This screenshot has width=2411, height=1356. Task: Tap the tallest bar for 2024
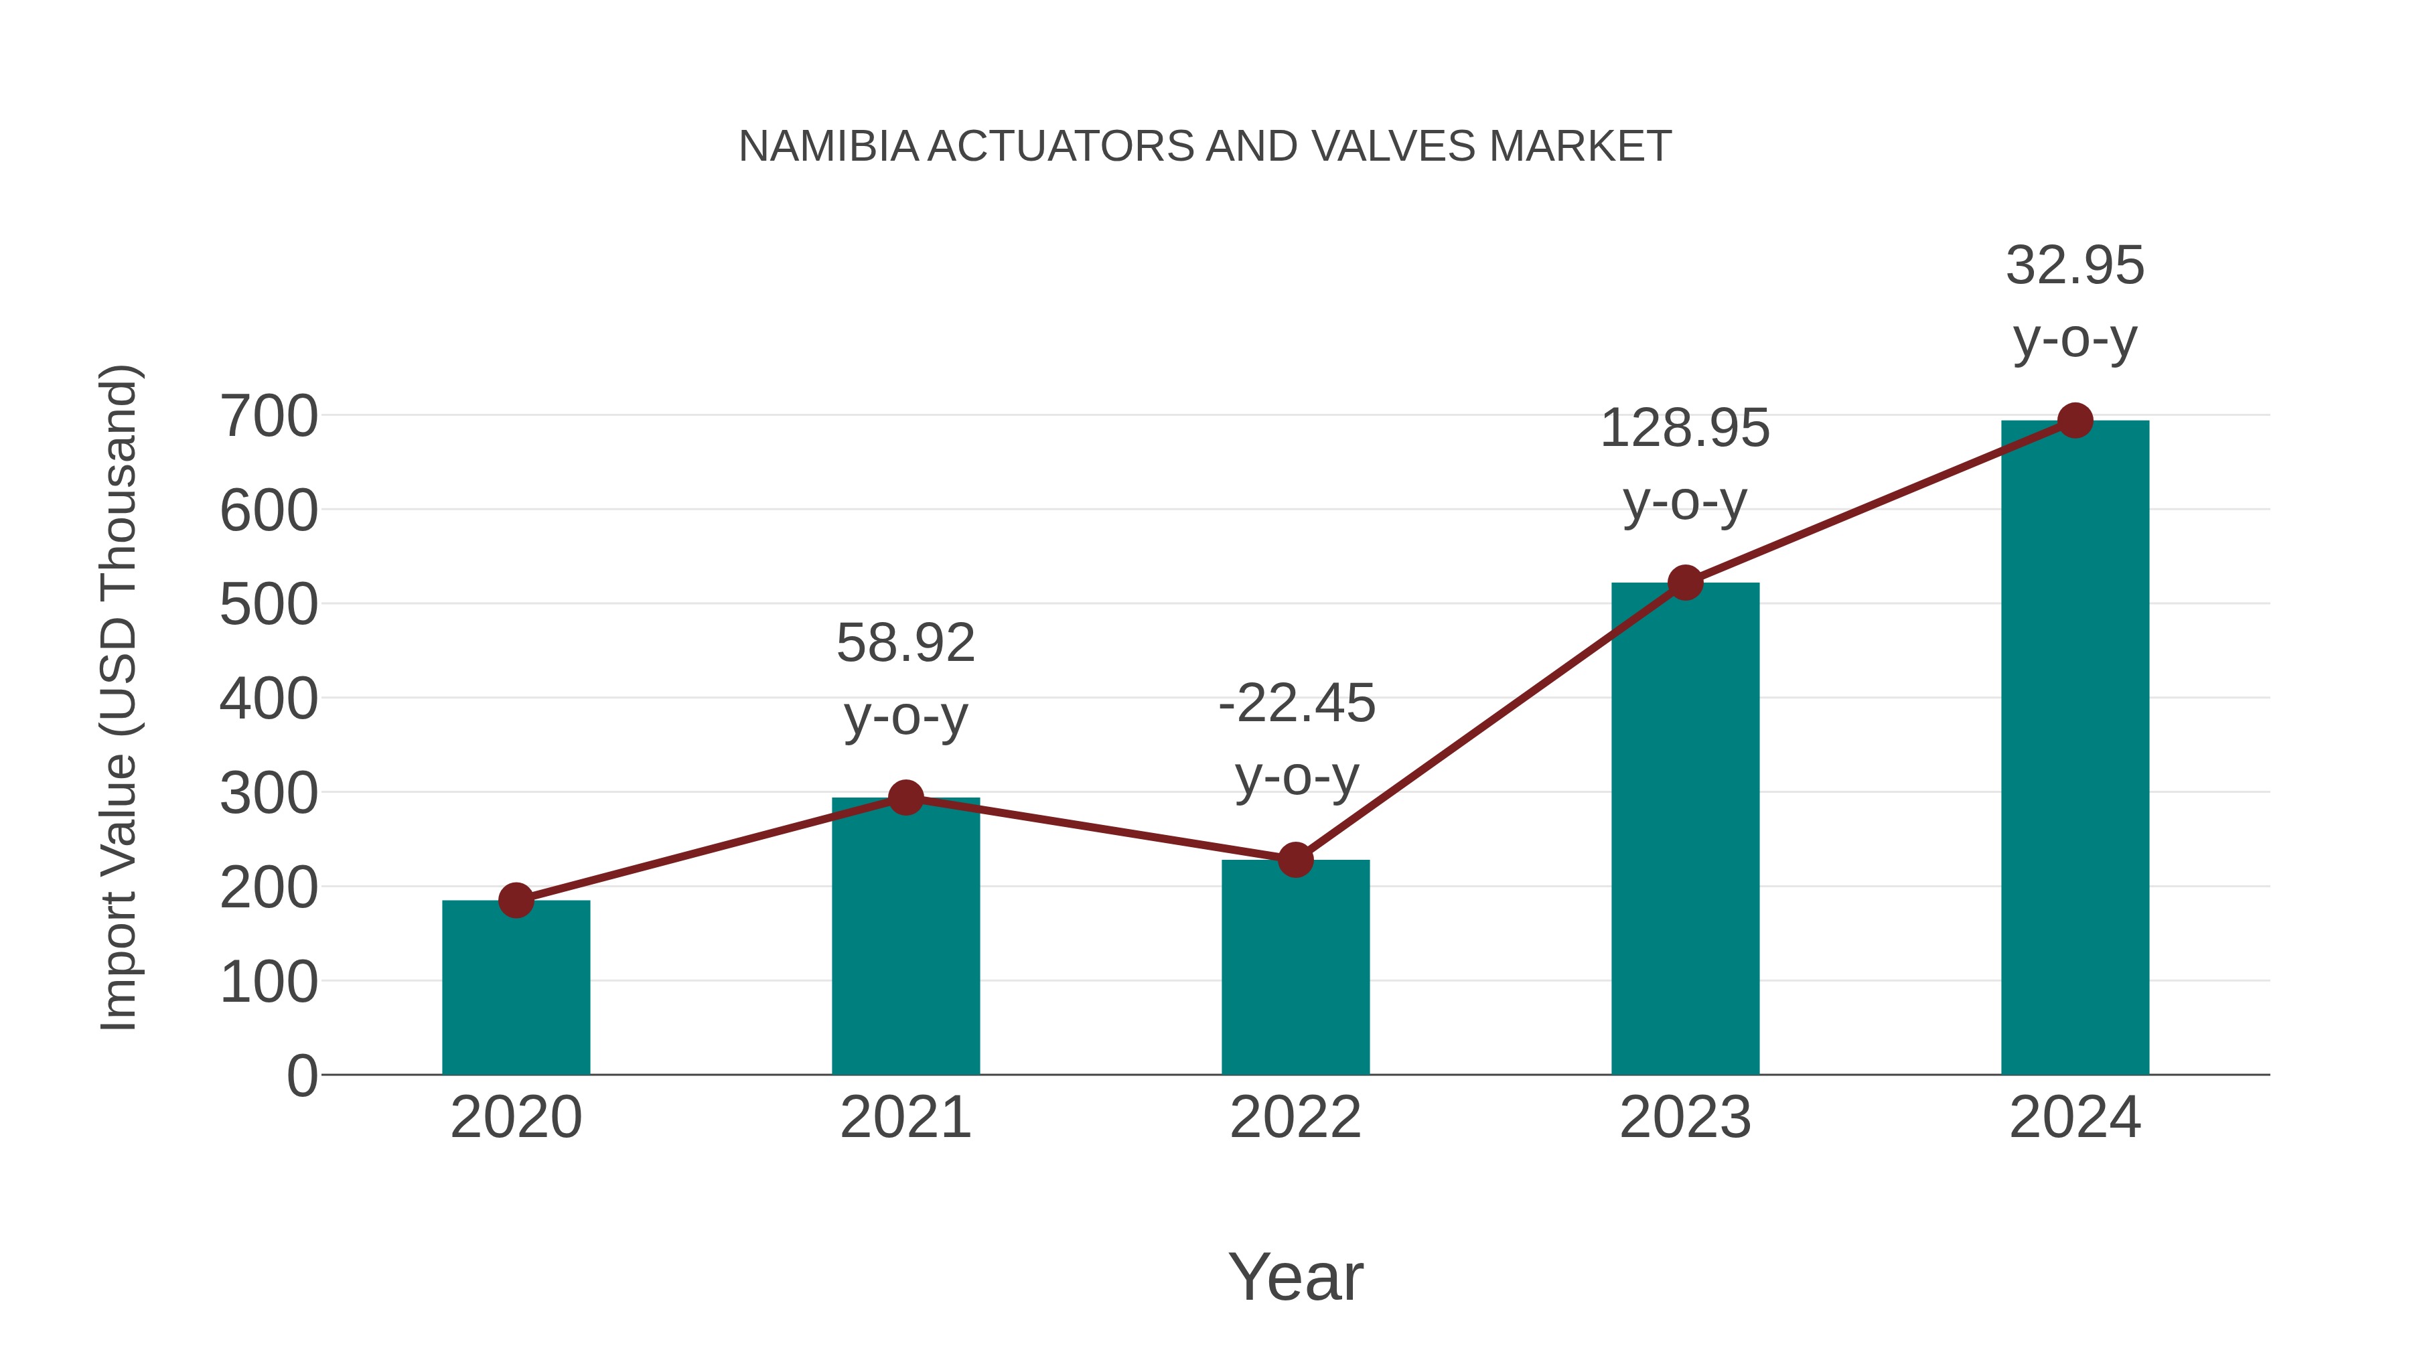pos(2075,749)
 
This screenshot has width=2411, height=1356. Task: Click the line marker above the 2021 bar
pos(905,798)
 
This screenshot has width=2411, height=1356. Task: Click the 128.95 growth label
pos(1685,429)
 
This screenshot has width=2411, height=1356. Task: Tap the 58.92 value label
pos(905,644)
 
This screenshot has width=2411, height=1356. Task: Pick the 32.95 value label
pos(2075,266)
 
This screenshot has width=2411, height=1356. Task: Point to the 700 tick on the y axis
pos(269,417)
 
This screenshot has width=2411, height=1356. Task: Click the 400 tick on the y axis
pos(269,699)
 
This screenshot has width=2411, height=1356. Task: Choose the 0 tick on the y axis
pos(301,1075)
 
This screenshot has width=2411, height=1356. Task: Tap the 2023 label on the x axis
pos(1685,1118)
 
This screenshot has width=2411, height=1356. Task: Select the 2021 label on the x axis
pos(905,1118)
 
